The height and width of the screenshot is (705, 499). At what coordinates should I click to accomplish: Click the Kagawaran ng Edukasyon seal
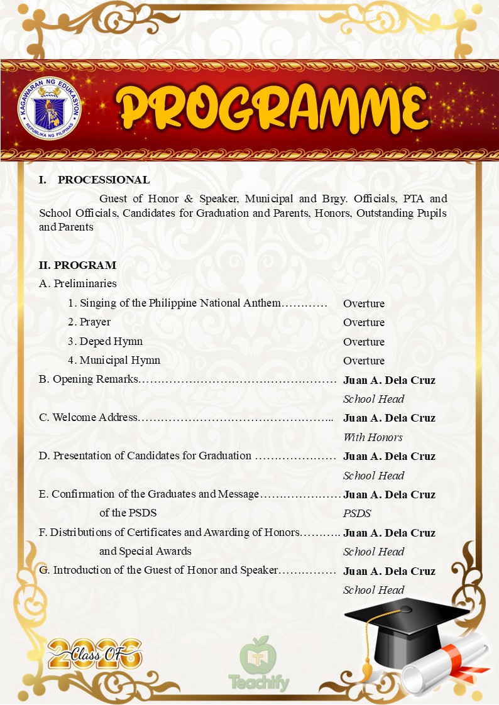[50, 111]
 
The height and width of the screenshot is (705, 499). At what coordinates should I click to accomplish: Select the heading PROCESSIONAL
[104, 180]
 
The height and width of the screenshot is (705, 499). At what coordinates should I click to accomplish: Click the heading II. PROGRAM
[77, 265]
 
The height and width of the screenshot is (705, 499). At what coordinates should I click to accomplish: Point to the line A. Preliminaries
[77, 284]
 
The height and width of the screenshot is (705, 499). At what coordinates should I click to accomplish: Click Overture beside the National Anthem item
[363, 303]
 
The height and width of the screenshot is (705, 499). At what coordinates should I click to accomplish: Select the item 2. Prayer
[89, 322]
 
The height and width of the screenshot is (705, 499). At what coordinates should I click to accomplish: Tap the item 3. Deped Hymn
[105, 342]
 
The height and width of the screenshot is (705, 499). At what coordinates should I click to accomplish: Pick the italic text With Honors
[373, 437]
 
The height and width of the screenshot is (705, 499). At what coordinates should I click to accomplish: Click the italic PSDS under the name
[357, 513]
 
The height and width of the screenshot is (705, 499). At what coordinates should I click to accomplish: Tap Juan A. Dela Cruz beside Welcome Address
[389, 418]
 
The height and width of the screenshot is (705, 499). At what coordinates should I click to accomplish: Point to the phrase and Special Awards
[145, 552]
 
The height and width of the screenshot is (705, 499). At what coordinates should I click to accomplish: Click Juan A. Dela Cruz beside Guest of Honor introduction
[389, 571]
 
